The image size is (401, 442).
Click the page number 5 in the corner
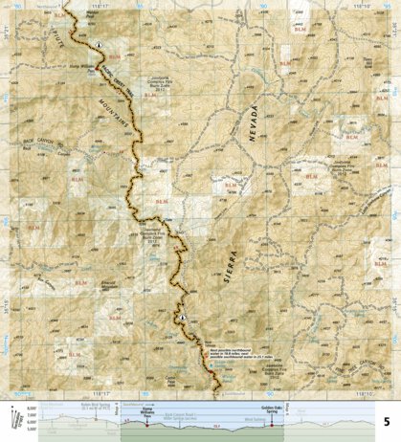tap(387, 421)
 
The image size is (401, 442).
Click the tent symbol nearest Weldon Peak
tap(99, 45)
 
